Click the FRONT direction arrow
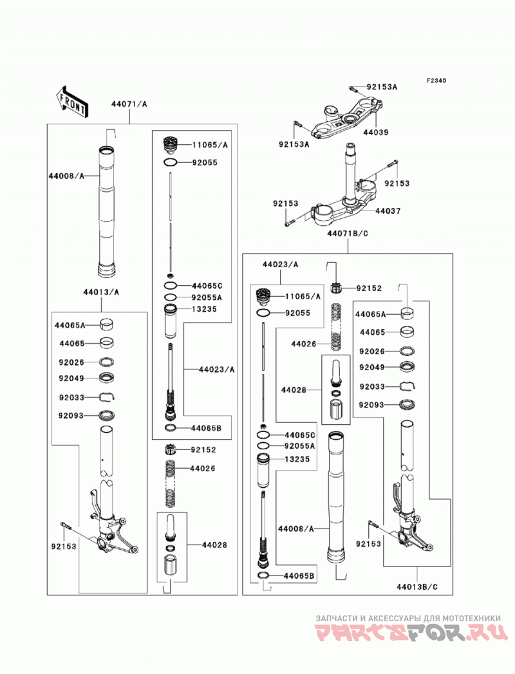(x=72, y=102)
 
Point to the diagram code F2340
(x=436, y=80)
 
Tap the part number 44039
(x=376, y=133)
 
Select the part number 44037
(x=388, y=211)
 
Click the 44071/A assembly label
(x=129, y=104)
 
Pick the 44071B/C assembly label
(x=348, y=234)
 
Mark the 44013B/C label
(x=417, y=586)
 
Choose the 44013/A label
(x=102, y=292)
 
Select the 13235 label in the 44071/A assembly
(x=204, y=309)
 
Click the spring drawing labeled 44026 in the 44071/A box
(x=171, y=483)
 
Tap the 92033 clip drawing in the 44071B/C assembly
(x=407, y=386)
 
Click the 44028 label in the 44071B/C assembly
(x=294, y=390)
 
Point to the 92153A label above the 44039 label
(x=382, y=87)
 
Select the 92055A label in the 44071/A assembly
(x=207, y=297)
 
